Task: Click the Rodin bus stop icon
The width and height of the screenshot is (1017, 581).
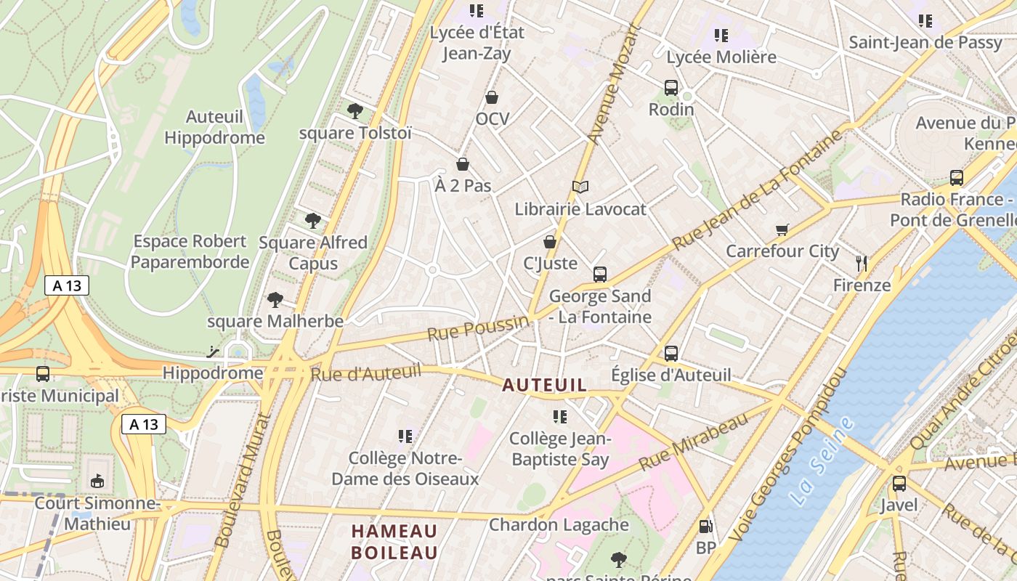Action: pyautogui.click(x=671, y=88)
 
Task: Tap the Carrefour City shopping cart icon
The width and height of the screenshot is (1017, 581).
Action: pyautogui.click(x=782, y=230)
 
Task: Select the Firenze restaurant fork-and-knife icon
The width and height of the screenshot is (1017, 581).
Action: pyautogui.click(x=862, y=263)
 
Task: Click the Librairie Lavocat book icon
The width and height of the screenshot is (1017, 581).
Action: pyautogui.click(x=580, y=187)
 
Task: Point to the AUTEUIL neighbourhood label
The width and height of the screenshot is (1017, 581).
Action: pyautogui.click(x=544, y=385)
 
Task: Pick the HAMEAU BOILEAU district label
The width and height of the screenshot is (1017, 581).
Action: pyautogui.click(x=394, y=542)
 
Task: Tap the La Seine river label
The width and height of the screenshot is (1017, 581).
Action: pyautogui.click(x=822, y=460)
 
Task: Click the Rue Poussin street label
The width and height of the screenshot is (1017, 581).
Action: pyautogui.click(x=478, y=328)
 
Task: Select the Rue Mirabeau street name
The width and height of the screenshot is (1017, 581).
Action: pyautogui.click(x=693, y=440)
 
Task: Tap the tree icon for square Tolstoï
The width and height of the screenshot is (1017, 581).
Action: pyautogui.click(x=355, y=110)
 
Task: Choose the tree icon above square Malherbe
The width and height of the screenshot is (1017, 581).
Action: pyautogui.click(x=275, y=298)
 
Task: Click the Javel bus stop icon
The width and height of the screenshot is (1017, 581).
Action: pyautogui.click(x=899, y=483)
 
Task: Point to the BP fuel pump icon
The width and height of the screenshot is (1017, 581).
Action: pyautogui.click(x=705, y=527)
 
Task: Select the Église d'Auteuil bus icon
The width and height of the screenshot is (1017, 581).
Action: pyautogui.click(x=671, y=354)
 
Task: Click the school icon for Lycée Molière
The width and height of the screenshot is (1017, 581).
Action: pyautogui.click(x=721, y=35)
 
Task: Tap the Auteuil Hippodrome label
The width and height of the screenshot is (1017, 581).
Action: pyautogui.click(x=214, y=127)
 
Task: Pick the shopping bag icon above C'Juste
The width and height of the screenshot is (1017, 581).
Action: pyautogui.click(x=550, y=241)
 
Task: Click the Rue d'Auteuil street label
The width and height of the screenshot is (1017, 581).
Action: pyautogui.click(x=366, y=373)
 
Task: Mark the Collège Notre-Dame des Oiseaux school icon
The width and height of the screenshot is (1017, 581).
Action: pyautogui.click(x=405, y=436)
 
